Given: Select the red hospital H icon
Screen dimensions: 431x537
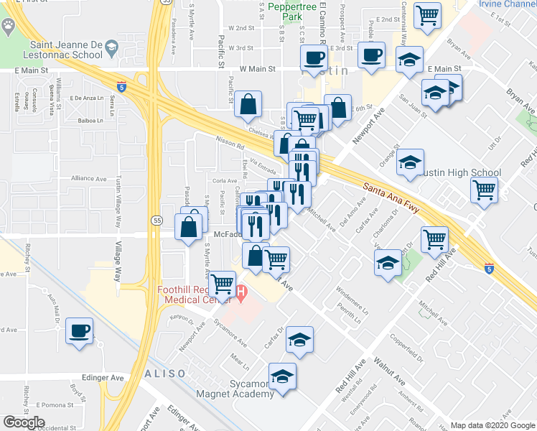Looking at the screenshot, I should click(241, 292).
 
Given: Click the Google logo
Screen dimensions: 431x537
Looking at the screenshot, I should click(24, 422).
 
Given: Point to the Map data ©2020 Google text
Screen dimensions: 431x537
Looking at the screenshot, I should click(492, 425).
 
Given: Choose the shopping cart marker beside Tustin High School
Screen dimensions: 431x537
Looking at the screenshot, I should click(485, 190).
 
